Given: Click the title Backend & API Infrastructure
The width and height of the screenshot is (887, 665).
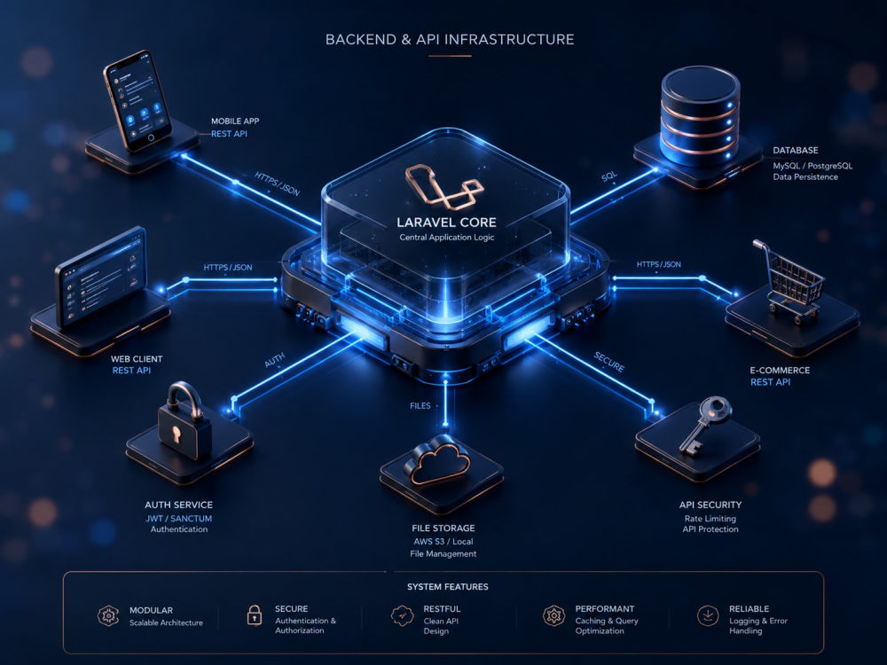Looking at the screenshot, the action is point(450,39).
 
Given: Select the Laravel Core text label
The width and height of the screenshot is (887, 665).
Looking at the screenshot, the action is point(446,223).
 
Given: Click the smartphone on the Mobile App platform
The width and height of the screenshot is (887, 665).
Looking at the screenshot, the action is point(137,101).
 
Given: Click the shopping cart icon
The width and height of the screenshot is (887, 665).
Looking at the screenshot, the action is point(788,281).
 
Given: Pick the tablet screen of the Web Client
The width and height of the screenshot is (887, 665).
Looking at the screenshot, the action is point(102,277).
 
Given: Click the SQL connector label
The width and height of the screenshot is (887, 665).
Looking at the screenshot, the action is point(609,176).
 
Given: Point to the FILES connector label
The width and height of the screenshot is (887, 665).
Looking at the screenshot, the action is point(420,405).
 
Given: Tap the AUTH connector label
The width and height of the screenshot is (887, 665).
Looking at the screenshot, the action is point(275,360).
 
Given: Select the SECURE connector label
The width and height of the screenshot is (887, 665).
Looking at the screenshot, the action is point(609,362).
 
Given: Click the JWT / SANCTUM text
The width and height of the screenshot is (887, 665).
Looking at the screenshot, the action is point(179,518).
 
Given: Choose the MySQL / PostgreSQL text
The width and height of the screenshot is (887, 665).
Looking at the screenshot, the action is point(812,166).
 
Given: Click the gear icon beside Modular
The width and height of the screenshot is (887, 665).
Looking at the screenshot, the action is point(108,615).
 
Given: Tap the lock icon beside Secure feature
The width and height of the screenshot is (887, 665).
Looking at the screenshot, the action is point(255,614).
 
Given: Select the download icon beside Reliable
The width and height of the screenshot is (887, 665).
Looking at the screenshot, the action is point(708,615).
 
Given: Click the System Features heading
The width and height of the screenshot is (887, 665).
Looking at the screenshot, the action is point(447,587).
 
